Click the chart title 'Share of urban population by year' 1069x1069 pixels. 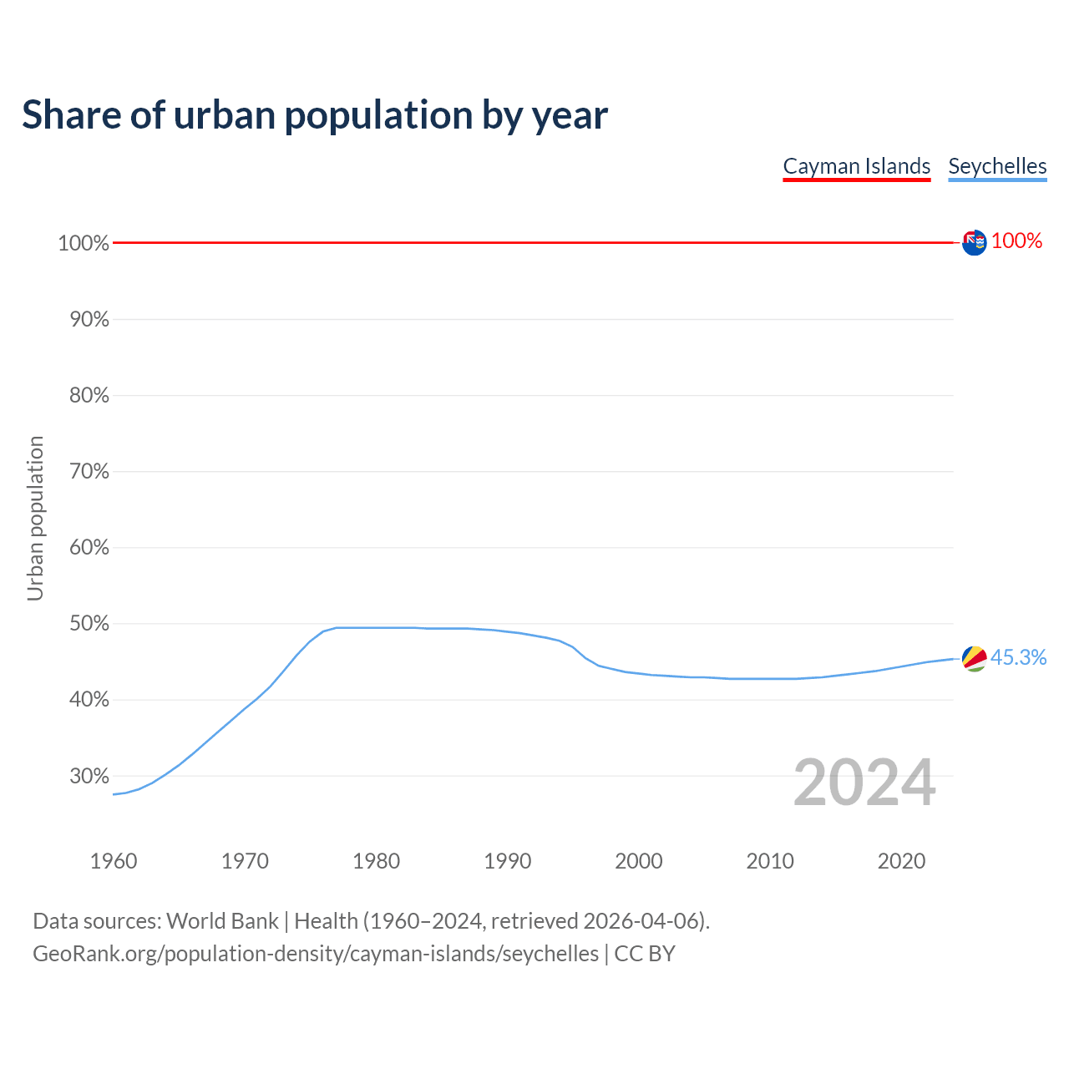point(315,115)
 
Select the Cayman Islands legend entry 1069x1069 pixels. point(856,166)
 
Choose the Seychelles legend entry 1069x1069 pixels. point(997,166)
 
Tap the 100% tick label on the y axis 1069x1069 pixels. point(84,243)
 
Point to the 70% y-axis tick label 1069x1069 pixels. point(89,472)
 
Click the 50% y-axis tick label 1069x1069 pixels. point(89,624)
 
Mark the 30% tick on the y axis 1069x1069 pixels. point(89,776)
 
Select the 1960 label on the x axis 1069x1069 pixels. point(114,861)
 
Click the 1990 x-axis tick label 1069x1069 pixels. point(508,861)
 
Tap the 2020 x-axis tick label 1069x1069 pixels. point(901,861)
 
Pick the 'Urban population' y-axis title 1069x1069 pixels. point(35,518)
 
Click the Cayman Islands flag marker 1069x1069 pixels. point(974,242)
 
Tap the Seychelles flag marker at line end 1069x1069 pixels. point(974,658)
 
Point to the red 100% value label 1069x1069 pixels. point(1016,241)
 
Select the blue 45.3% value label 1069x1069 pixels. point(1018,658)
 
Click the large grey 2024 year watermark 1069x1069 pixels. point(864,783)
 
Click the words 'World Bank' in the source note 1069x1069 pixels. point(222,921)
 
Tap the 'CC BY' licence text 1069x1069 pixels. point(645,954)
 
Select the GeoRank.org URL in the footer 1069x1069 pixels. point(316,954)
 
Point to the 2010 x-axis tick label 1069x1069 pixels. point(770,861)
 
